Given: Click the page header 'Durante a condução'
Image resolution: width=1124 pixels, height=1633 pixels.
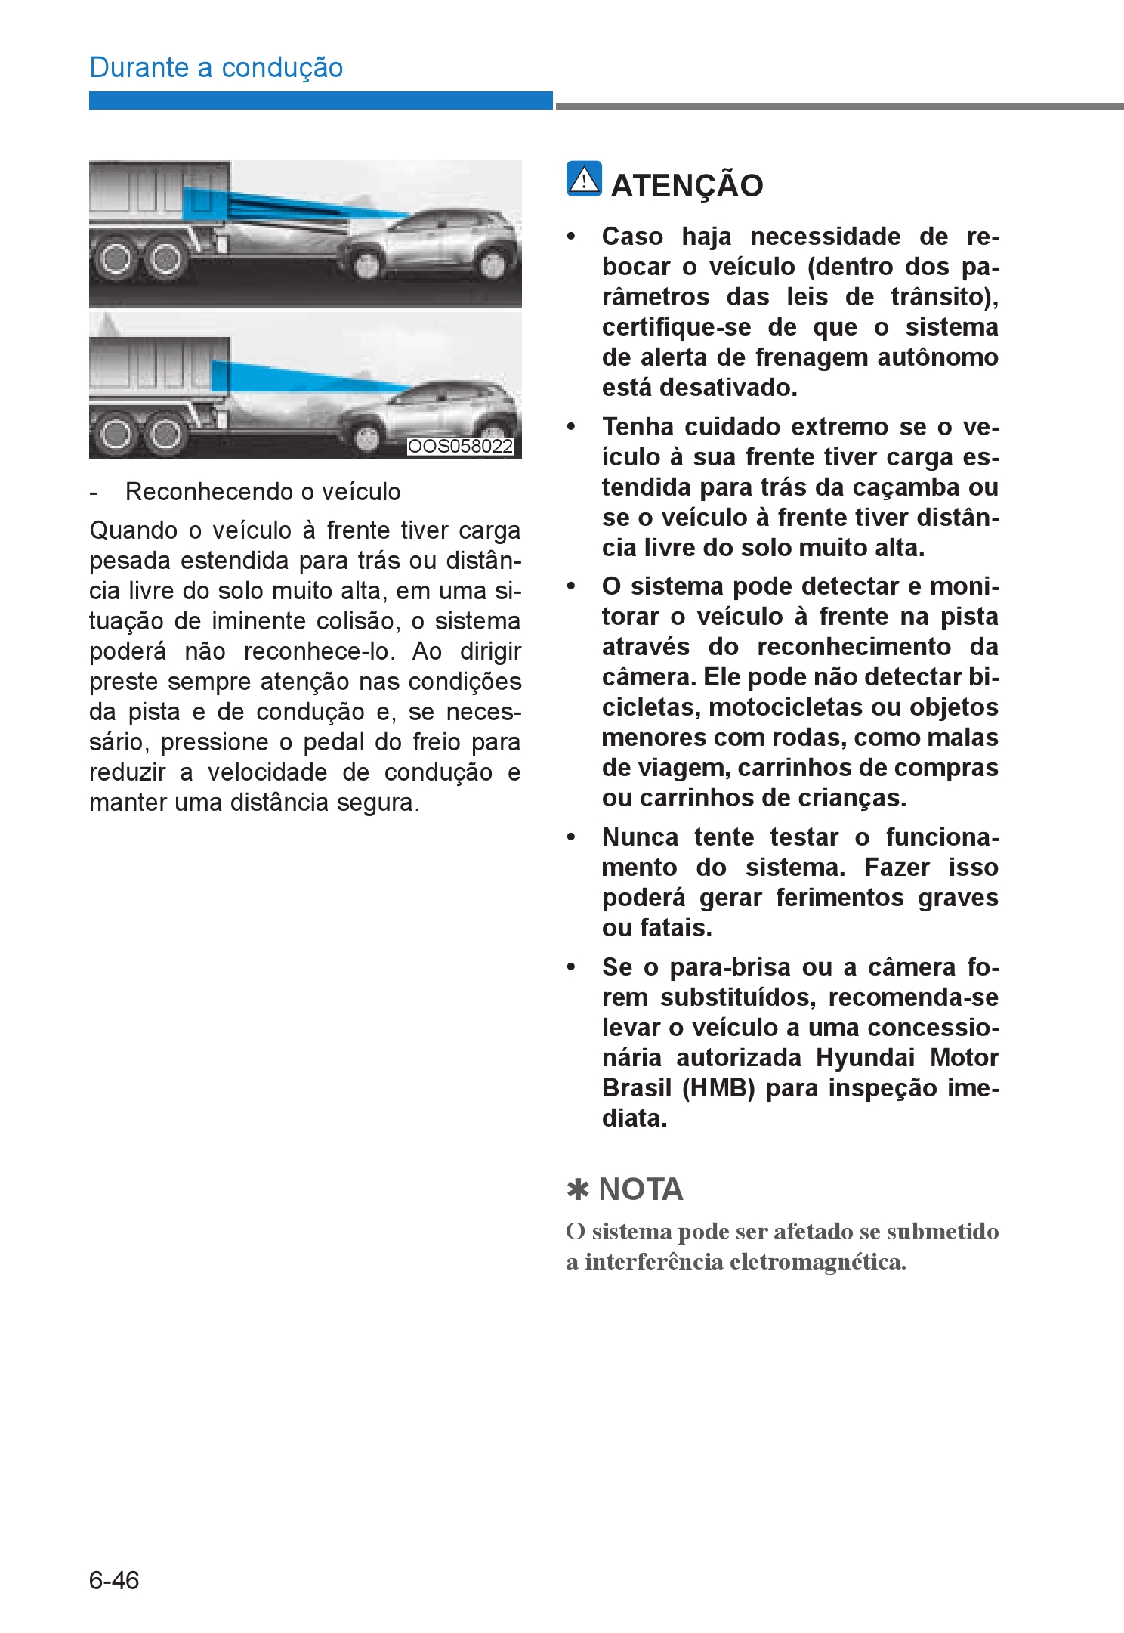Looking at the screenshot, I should (216, 68).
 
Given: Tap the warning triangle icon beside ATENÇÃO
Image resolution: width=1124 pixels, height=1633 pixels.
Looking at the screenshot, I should (584, 179).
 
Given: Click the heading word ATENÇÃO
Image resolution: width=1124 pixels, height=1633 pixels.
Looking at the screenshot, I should (687, 186).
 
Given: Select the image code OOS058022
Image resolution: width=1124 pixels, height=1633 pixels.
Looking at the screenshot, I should (460, 447).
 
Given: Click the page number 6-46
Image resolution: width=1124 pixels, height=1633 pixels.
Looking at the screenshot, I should (114, 1580).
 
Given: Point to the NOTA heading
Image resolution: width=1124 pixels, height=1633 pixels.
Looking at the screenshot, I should (641, 1189).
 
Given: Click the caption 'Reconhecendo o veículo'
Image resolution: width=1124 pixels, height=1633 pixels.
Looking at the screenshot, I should (263, 492).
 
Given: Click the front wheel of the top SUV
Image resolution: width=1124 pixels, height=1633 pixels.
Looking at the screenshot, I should (367, 264).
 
